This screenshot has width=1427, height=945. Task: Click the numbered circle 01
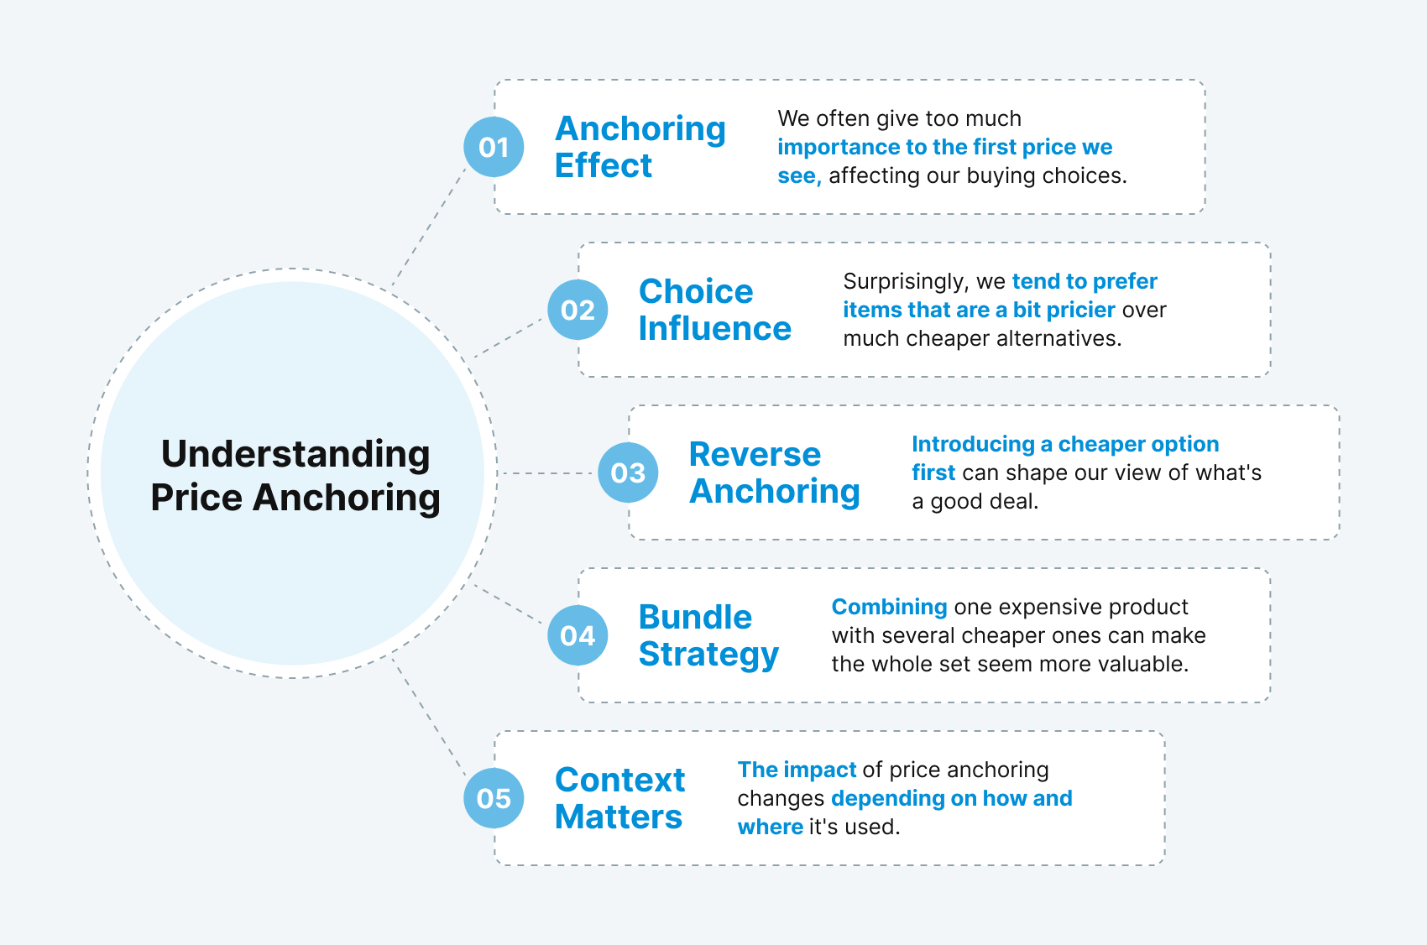[494, 147]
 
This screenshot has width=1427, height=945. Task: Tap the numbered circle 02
[578, 310]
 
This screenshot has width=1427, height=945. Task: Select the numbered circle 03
[628, 472]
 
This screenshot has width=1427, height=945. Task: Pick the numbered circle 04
[578, 635]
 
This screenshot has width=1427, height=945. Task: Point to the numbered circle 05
[494, 798]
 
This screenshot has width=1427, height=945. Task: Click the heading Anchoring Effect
[640, 147]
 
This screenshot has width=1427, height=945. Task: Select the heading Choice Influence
[714, 310]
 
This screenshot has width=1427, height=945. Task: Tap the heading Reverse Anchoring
[774, 472]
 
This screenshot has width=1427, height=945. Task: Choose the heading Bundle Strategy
[708, 635]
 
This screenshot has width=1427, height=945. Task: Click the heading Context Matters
[619, 798]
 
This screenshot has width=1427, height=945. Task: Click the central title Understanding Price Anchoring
[295, 475]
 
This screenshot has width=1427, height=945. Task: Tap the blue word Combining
[889, 607]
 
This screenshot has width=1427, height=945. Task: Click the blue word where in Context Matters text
[770, 827]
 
